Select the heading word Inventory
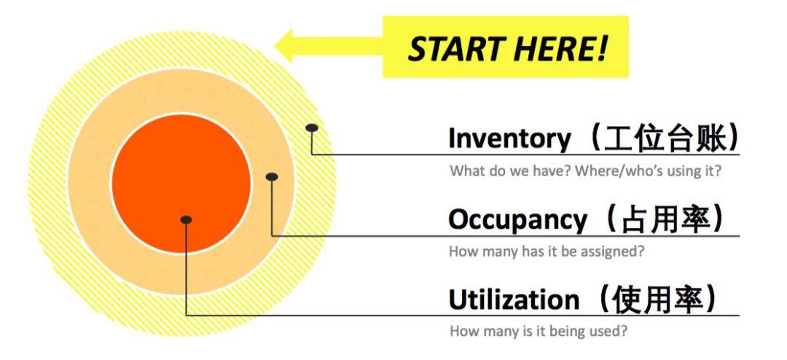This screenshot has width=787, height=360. (x=509, y=138)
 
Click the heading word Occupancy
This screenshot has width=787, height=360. (x=517, y=219)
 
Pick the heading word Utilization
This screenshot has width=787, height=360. (x=514, y=300)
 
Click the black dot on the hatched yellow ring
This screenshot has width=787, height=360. (x=312, y=128)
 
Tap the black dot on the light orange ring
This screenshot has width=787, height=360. (x=272, y=177)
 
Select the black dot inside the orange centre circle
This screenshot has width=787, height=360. (x=187, y=219)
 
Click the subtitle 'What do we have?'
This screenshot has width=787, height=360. (x=510, y=171)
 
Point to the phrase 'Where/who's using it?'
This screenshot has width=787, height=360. (x=648, y=171)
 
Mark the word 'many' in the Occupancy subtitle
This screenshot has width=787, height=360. (x=498, y=251)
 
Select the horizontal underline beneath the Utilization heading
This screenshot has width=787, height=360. (x=463, y=316)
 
